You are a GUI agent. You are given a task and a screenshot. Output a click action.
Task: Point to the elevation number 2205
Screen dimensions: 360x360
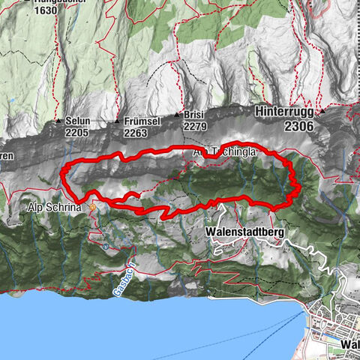76,132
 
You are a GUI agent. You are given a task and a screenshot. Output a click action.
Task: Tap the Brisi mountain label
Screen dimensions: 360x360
194,115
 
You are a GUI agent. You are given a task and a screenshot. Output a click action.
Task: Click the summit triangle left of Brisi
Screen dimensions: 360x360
178,115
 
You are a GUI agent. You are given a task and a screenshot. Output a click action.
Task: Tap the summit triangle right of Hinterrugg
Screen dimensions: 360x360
320,111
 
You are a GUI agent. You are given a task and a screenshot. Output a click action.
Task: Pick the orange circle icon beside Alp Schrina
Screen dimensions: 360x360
92,207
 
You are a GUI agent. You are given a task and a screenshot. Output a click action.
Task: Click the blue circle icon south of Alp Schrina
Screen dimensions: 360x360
106,246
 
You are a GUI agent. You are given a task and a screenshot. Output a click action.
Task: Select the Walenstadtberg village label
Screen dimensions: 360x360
244,233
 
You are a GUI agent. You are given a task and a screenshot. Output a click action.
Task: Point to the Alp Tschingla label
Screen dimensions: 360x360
225,151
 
